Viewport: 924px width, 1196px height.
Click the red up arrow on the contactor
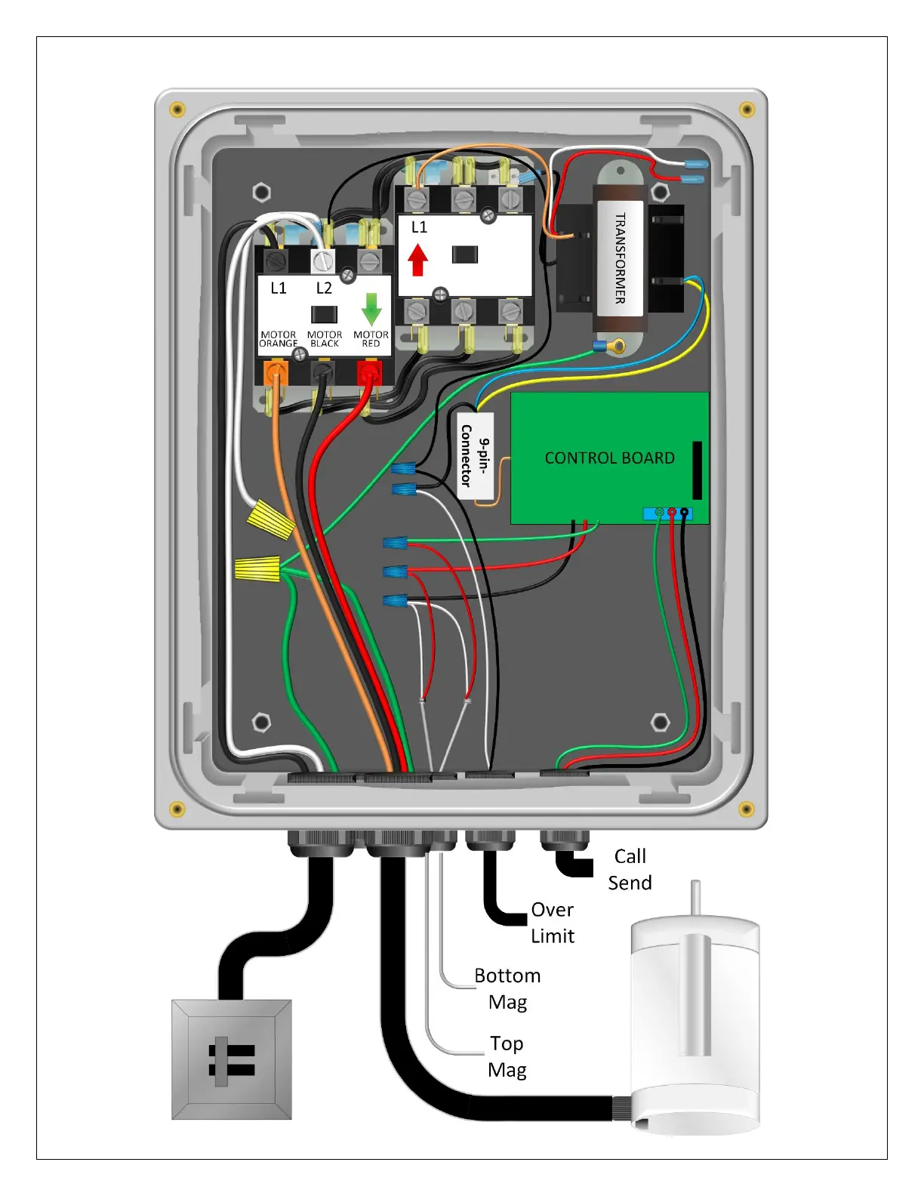[418, 260]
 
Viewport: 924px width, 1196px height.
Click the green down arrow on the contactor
[371, 308]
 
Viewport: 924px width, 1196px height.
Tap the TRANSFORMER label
[620, 258]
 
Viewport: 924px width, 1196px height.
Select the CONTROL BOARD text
[609, 458]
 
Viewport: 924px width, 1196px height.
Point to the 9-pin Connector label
[476, 455]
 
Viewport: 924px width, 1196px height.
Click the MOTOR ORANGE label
[279, 339]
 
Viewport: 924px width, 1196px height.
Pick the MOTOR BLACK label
[325, 339]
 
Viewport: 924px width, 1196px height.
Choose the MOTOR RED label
[371, 339]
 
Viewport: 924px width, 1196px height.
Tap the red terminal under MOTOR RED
[369, 371]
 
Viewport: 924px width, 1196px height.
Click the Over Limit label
[552, 923]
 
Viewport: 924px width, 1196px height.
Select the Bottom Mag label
[507, 988]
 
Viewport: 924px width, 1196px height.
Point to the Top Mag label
[507, 1056]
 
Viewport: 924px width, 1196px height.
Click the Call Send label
[630, 869]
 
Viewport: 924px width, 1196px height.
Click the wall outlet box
[232, 1059]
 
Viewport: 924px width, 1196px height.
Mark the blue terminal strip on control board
[667, 513]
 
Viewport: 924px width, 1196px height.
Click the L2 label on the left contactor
[324, 288]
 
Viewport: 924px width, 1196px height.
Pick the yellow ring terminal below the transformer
[618, 347]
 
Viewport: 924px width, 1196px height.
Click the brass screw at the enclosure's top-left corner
[177, 109]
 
